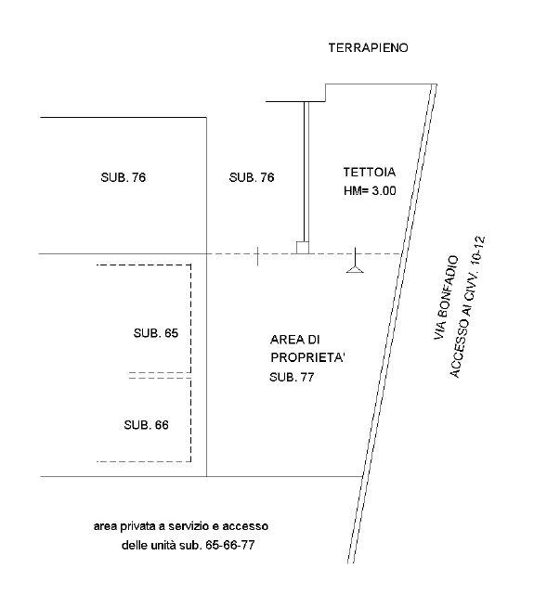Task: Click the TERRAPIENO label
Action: click(x=369, y=47)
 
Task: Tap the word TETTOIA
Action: click(x=370, y=172)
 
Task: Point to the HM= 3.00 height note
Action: click(x=370, y=191)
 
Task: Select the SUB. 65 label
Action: click(x=156, y=333)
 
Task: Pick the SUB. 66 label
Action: click(x=147, y=425)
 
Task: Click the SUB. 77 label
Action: click(x=292, y=377)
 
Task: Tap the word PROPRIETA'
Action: click(x=307, y=357)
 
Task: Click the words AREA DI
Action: click(x=295, y=340)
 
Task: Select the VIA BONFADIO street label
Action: click(x=446, y=298)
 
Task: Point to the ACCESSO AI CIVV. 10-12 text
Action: click(x=466, y=307)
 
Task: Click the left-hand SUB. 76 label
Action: click(x=124, y=177)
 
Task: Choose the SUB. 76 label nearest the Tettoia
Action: click(x=252, y=177)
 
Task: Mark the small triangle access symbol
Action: click(x=355, y=269)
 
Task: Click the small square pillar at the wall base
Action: click(x=303, y=248)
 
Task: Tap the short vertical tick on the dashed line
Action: click(x=258, y=257)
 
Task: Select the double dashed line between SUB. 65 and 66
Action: click(x=160, y=375)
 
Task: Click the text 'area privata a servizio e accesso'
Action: click(x=181, y=526)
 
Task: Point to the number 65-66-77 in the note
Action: click(x=230, y=545)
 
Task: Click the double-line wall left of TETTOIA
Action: click(x=306, y=172)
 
